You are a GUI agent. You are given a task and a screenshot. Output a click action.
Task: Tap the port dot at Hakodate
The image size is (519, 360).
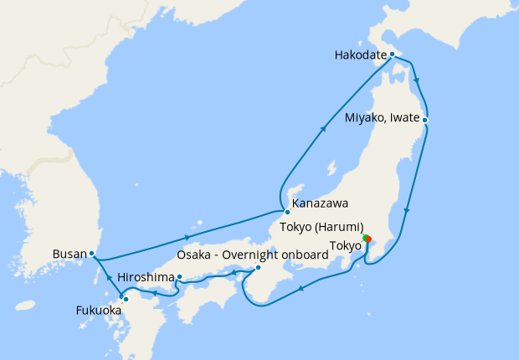(x=392, y=54)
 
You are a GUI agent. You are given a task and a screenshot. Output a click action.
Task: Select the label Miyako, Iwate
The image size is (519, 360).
(x=382, y=120)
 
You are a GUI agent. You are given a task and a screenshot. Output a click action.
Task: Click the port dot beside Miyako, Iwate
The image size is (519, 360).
(x=425, y=120)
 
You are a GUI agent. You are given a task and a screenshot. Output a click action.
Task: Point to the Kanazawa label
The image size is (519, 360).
(x=321, y=203)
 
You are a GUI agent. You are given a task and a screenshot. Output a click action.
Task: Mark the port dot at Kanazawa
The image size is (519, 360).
(x=287, y=211)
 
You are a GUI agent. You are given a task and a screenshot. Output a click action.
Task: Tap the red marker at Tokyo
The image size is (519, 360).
(x=367, y=240)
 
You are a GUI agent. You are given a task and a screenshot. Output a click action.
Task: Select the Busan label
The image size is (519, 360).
(x=69, y=253)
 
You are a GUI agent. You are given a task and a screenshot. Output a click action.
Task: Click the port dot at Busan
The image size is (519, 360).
(x=92, y=253)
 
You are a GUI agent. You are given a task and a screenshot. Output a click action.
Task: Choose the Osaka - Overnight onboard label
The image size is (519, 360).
(x=253, y=255)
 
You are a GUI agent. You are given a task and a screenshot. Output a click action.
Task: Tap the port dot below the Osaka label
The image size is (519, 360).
(x=258, y=268)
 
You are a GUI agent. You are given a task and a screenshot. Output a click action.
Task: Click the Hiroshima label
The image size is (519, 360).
(x=146, y=276)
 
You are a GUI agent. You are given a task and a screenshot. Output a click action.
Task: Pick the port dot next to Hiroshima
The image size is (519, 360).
(x=179, y=276)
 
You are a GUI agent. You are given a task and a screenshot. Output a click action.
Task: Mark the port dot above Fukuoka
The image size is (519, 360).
(x=126, y=298)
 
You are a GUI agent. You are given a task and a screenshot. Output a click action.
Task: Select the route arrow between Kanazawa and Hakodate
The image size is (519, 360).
(x=323, y=130)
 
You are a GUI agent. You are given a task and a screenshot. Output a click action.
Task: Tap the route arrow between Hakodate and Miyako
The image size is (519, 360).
(x=417, y=83)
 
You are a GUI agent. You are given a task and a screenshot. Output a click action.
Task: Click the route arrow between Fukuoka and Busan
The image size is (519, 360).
(x=107, y=276)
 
